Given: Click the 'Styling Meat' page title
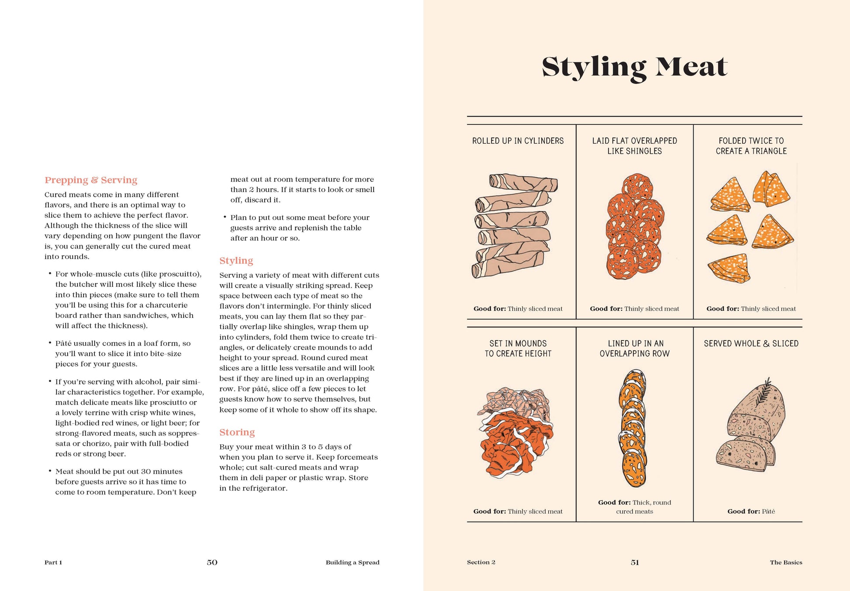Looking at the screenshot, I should tap(634, 67).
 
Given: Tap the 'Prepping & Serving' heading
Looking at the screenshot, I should tap(91, 180).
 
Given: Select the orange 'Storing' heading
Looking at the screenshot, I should tap(237, 432).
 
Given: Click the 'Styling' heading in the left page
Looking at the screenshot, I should tap(236, 261).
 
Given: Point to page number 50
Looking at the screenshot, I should tap(212, 562).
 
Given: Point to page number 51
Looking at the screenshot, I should tap(635, 562).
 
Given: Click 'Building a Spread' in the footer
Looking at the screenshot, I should tap(352, 562).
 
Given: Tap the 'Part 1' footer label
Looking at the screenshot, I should tap(53, 562).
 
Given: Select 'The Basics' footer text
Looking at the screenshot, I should tap(786, 562).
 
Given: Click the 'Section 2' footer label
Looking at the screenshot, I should tap(481, 562).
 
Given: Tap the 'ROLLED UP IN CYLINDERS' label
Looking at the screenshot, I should tap(518, 141).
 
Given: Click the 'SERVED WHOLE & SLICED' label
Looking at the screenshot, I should tap(751, 344).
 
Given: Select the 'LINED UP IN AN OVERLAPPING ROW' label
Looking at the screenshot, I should tap(634, 348).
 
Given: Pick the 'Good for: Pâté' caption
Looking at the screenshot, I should tap(751, 511).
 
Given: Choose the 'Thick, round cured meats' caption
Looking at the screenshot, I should tap(634, 507).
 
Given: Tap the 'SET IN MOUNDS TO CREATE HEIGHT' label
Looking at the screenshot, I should tap(518, 348).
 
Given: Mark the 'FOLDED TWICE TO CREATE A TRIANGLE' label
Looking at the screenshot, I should tap(751, 146).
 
